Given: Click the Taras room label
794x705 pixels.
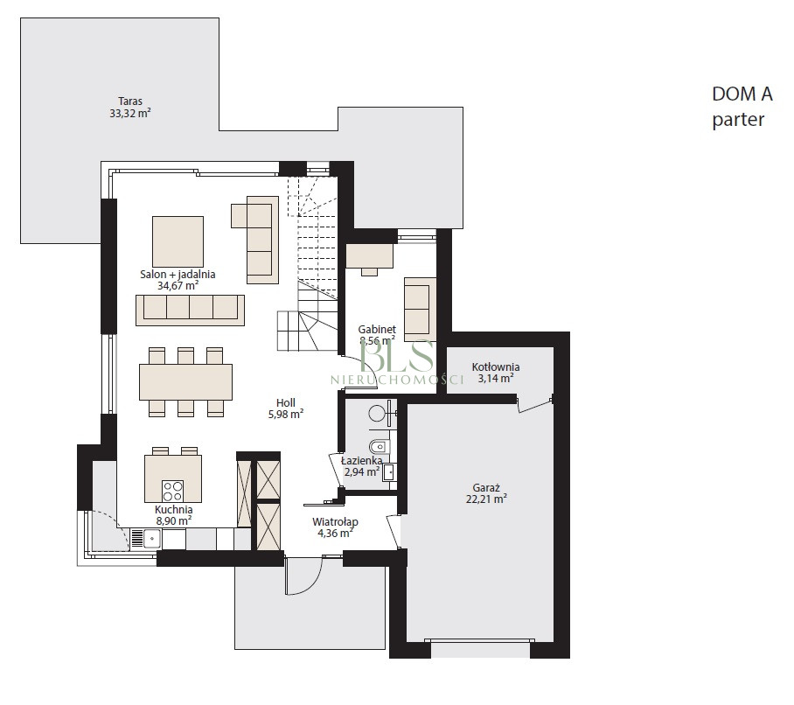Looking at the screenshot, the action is pyautogui.click(x=130, y=101).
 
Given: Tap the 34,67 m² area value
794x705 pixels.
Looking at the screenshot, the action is pyautogui.click(x=178, y=285).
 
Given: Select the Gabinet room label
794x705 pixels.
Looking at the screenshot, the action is pyautogui.click(x=377, y=329).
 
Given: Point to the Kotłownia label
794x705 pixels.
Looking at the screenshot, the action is pyautogui.click(x=496, y=366).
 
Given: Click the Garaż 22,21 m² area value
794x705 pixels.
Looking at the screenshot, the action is pyautogui.click(x=486, y=499).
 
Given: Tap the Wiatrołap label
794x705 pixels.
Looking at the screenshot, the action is pyautogui.click(x=335, y=521).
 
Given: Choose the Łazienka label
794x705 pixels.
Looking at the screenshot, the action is pyautogui.click(x=361, y=461).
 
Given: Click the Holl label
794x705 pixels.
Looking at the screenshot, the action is pyautogui.click(x=286, y=403).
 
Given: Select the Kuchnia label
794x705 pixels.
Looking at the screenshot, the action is pyautogui.click(x=174, y=509).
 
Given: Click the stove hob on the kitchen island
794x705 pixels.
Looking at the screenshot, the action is pyautogui.click(x=172, y=490).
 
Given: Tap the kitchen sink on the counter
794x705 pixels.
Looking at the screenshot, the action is pyautogui.click(x=151, y=538).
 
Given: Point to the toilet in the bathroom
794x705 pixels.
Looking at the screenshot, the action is pyautogui.click(x=380, y=447).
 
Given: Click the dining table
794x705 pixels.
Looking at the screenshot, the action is pyautogui.click(x=186, y=382).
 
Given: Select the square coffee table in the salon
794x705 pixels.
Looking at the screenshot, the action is pyautogui.click(x=178, y=242).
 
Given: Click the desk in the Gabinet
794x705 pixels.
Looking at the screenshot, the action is pyautogui.click(x=370, y=255).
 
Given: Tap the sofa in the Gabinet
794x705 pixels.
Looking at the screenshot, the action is pyautogui.click(x=420, y=310).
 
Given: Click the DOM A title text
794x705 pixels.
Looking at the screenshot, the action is pyautogui.click(x=742, y=94).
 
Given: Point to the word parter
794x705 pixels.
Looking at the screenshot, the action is pyautogui.click(x=738, y=120).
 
